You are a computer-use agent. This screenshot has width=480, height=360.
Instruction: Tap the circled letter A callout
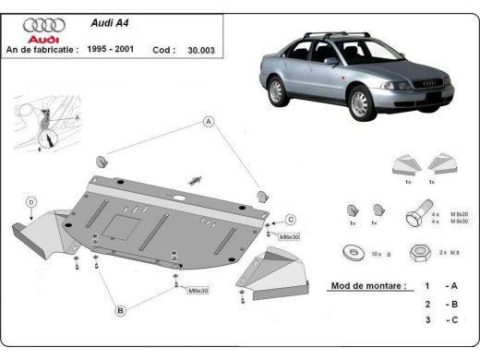209,122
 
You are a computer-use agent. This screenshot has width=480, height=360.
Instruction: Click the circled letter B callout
120,311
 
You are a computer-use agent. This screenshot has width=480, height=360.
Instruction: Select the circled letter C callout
289,219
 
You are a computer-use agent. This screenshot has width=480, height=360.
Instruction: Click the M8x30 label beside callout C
290,236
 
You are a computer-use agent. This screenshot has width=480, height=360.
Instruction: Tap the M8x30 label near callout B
198,290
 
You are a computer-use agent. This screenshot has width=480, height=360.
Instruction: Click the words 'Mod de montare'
367,286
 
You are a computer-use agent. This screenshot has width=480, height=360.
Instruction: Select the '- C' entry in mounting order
450,320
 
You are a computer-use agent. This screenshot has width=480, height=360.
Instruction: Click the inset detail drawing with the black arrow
42,126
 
